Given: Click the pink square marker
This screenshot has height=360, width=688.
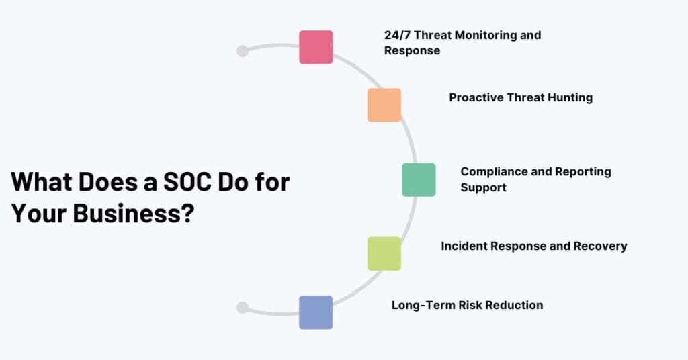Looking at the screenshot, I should click(x=316, y=47).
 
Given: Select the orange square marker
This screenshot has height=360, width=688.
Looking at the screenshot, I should click(x=384, y=105).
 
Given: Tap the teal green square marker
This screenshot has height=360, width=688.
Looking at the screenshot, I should click(x=419, y=180).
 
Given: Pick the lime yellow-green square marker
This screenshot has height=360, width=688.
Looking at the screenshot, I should click(x=384, y=254).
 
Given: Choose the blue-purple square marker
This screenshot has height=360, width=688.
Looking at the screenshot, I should click(x=316, y=312).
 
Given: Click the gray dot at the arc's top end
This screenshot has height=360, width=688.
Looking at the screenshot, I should click(x=243, y=51).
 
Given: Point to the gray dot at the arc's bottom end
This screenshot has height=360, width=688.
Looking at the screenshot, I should click(x=243, y=308).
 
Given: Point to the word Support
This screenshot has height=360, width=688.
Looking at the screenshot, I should click(x=483, y=187).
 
